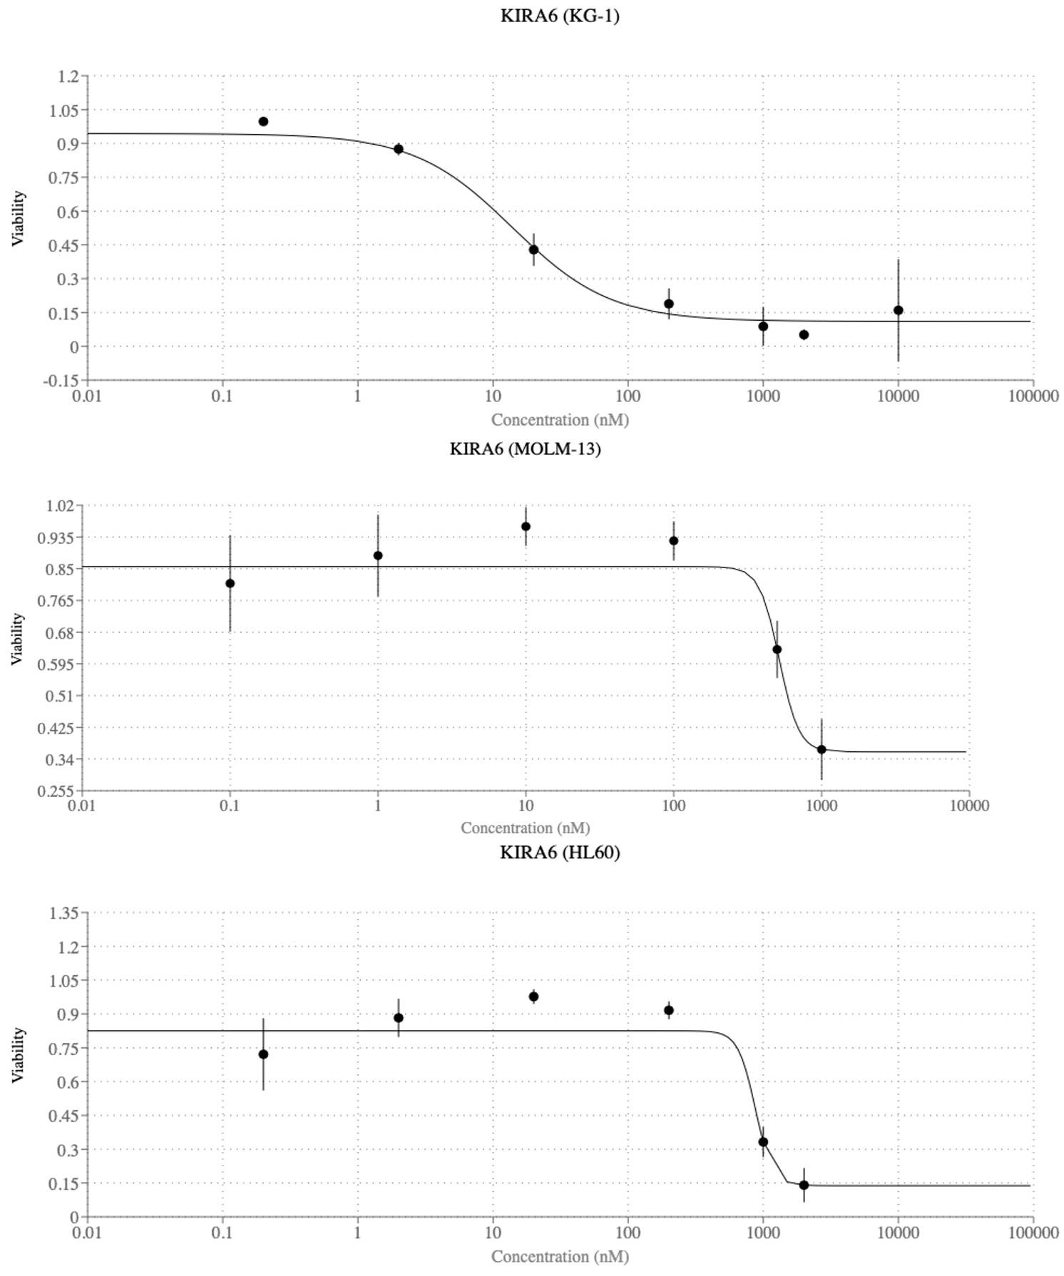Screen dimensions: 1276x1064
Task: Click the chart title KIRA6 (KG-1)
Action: pos(560,16)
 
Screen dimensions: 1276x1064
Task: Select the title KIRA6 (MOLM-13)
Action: pos(525,448)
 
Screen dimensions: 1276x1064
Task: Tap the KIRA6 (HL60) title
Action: pos(560,852)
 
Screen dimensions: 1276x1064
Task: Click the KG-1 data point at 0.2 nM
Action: pos(263,121)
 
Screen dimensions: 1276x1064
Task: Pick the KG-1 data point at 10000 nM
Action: pos(898,310)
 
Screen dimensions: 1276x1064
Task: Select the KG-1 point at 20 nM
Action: pos(533,249)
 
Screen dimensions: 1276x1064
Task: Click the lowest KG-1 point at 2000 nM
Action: pos(804,334)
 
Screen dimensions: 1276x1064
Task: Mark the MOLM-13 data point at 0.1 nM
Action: pos(230,583)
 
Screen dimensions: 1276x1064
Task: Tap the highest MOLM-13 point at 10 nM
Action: pos(526,526)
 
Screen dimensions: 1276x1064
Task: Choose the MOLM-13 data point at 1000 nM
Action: pos(822,749)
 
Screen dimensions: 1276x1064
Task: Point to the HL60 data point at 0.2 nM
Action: pos(263,1054)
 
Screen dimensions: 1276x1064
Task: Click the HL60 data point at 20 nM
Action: pos(533,997)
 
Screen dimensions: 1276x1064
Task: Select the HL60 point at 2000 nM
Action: pos(804,1185)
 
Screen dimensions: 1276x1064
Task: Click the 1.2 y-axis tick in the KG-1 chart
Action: pos(68,76)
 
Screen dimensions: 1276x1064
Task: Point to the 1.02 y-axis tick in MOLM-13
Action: pos(60,505)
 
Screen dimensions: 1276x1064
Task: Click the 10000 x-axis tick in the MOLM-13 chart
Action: pos(969,806)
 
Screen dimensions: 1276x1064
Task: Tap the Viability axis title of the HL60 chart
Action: pos(18,1054)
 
